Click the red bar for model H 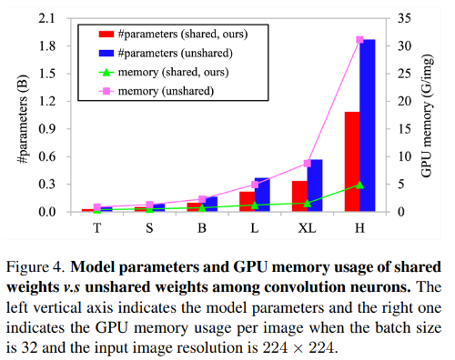pos(352,162)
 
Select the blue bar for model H pos(368,125)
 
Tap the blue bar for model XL pos(315,185)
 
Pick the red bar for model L pos(247,202)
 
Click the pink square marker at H pos(359,40)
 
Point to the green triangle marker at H pos(359,185)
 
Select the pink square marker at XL pos(308,164)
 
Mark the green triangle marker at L pos(255,205)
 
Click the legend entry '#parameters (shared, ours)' pos(174,34)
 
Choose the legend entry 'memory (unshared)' pos(157,91)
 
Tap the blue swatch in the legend pos(106,54)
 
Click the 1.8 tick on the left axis pos(47,46)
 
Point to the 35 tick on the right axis pos(404,18)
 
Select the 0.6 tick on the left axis pos(47,156)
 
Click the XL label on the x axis pos(307,228)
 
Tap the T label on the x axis pos(96,228)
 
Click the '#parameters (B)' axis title pos(24,119)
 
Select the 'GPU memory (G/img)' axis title pos(427,116)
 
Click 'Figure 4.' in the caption pos(36,267)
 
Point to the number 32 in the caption pos(30,348)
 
